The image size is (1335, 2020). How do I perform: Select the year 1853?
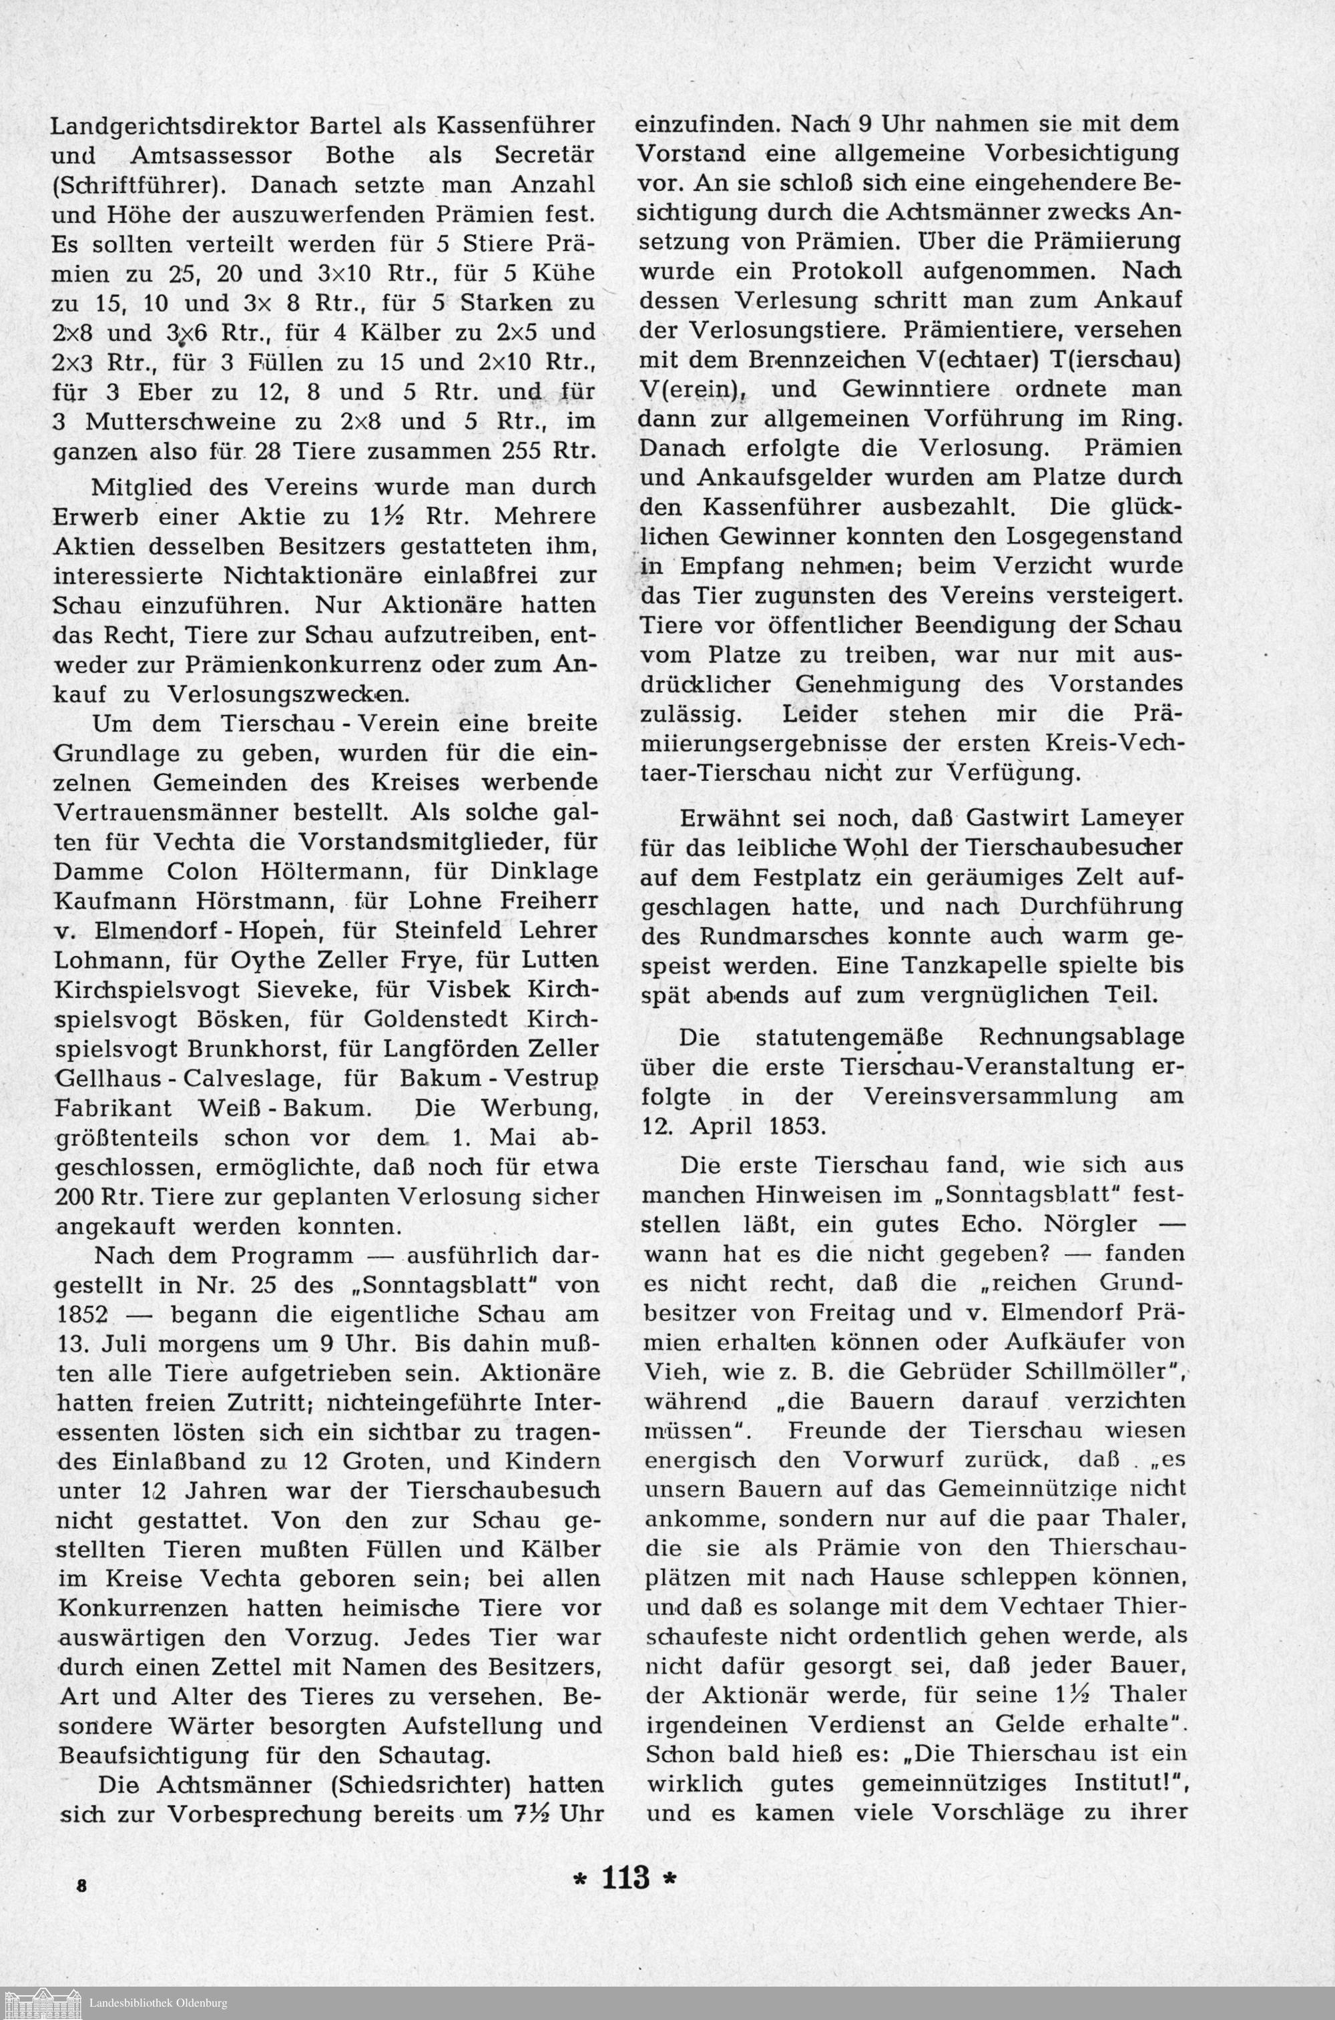pos(788,1125)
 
